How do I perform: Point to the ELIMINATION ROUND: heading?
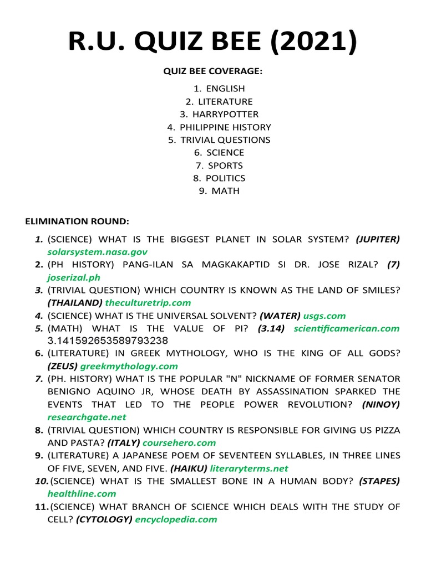[77, 221]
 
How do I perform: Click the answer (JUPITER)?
[378, 239]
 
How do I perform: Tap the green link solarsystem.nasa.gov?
[97, 252]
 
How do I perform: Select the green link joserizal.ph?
[74, 277]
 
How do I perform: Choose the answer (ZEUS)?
[63, 366]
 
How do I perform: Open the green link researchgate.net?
[87, 417]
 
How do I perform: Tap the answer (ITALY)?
[124, 442]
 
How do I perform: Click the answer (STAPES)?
[379, 481]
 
